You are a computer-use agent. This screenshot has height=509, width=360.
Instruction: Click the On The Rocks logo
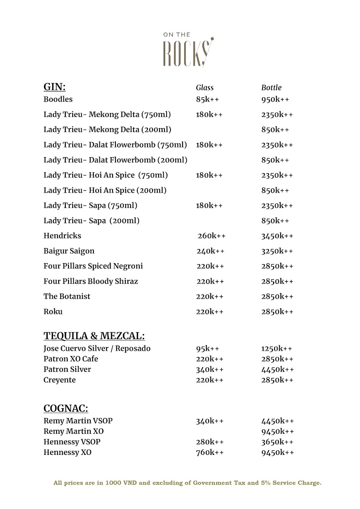(188, 50)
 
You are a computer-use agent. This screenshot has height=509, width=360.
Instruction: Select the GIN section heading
(55, 87)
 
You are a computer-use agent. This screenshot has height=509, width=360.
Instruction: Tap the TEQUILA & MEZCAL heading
(94, 336)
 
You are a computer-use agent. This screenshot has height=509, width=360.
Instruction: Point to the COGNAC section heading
(66, 408)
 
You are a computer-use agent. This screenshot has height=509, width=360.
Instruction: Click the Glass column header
(205, 88)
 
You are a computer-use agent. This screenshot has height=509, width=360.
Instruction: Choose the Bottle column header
(271, 88)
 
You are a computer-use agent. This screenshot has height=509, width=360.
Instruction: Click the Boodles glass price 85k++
(207, 99)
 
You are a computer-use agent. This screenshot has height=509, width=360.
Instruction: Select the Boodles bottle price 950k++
(275, 99)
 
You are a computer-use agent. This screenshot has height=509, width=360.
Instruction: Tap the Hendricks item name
(62, 236)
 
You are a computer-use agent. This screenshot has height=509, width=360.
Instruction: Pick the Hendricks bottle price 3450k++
(277, 236)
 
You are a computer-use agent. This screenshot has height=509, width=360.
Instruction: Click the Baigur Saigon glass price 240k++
(210, 251)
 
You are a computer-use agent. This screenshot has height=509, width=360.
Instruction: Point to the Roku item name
(53, 312)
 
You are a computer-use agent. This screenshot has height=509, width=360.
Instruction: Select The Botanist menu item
(67, 296)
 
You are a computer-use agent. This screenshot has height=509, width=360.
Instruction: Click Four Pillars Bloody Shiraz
(91, 281)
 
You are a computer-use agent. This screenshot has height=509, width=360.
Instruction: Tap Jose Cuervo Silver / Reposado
(97, 348)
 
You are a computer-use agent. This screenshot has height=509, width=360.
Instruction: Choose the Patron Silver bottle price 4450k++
(278, 370)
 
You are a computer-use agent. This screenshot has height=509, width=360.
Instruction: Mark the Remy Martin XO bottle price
(278, 432)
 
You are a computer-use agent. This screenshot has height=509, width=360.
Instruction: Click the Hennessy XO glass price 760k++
(210, 453)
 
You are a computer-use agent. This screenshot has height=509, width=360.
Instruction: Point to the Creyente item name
(59, 380)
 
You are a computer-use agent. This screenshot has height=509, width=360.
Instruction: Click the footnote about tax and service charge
(187, 483)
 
